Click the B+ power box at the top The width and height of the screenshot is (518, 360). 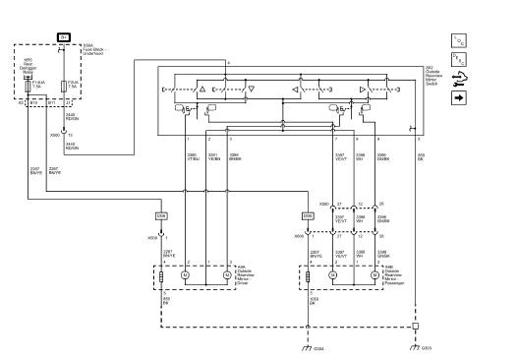tap(65, 36)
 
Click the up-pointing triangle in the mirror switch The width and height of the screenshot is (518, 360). tap(202, 89)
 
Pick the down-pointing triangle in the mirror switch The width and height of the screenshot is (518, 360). tap(251, 89)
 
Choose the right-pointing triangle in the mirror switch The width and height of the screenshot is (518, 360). tap(363, 89)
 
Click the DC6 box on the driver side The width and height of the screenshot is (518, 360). tap(161, 214)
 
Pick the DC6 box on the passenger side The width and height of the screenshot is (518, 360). tap(308, 214)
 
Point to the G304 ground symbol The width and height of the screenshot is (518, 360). tap(307, 346)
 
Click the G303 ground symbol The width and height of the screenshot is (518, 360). tap(416, 346)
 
